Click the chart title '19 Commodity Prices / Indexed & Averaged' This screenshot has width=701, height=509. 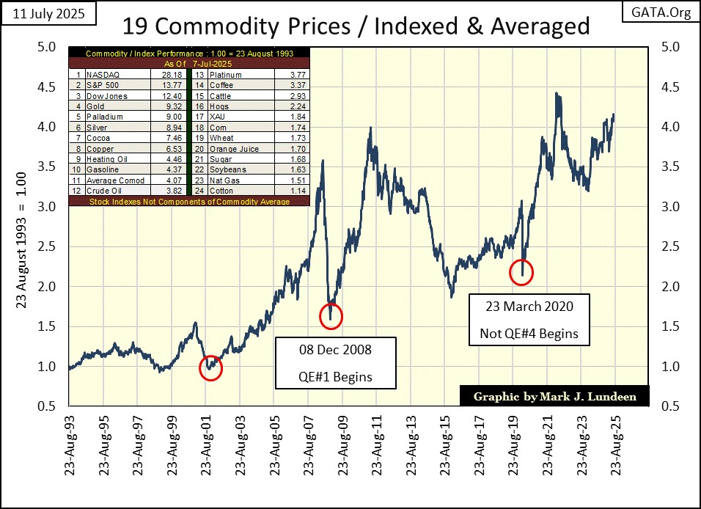click(x=356, y=26)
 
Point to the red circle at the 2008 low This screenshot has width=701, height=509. click(x=331, y=315)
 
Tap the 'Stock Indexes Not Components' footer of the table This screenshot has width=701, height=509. click(x=188, y=200)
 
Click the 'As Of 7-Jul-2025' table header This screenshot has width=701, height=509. click(x=188, y=64)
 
